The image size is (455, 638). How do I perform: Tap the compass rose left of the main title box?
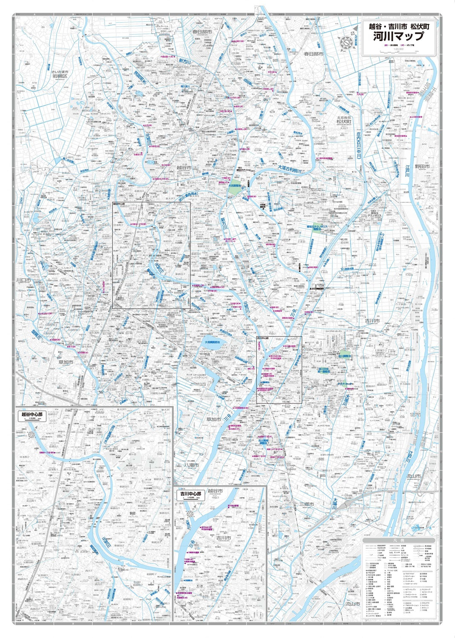[346, 41]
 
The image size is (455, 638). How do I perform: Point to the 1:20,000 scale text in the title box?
[399, 48]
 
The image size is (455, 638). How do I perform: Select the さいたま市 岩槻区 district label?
[60, 74]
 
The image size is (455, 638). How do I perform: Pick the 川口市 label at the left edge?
[21, 280]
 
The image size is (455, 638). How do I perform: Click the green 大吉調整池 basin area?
[234, 188]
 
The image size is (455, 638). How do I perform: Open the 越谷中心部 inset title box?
[32, 415]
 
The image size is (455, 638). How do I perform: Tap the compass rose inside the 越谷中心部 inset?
[32, 435]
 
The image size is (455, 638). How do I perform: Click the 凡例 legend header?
[399, 540]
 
